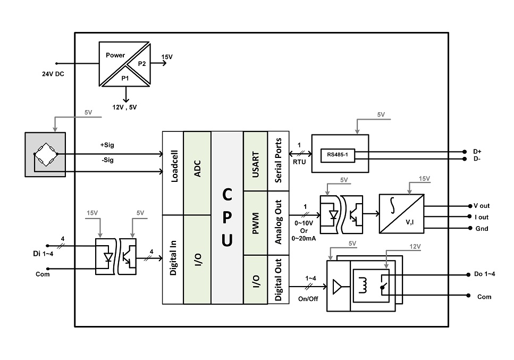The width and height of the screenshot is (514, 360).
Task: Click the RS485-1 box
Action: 338,155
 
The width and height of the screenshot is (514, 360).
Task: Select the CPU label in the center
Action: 227,217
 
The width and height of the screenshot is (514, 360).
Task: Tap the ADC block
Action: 197,173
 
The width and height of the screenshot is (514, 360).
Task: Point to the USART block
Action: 255,161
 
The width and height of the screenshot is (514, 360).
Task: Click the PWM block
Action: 255,223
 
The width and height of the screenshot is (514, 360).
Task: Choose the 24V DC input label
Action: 53,74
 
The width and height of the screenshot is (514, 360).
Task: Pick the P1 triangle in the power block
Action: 125,77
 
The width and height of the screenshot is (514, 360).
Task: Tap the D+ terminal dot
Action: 465,152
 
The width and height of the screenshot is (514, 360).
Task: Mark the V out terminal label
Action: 482,206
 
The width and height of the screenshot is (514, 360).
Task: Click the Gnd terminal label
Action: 482,229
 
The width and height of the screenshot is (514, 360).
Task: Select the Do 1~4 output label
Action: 484,274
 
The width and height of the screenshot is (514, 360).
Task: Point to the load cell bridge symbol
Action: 46,154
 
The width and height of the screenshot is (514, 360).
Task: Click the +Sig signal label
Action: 107,145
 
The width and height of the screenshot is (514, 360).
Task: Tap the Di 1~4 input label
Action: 43,254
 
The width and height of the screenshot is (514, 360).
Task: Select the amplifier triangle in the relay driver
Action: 337,287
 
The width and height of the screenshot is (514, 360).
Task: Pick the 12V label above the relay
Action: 415,247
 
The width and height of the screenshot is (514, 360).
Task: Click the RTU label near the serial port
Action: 299,162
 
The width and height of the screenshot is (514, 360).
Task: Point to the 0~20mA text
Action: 304,239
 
